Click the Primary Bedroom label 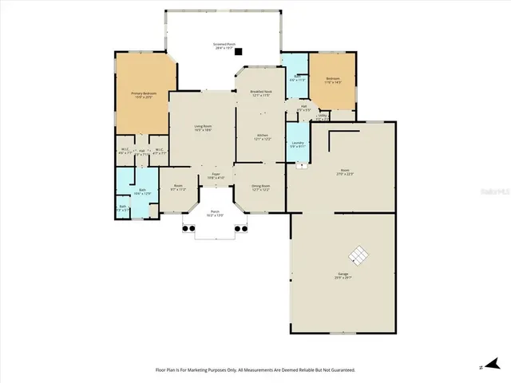coord(144,95)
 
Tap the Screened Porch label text coord(224,45)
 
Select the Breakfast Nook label coord(262,93)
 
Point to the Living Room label coord(203,128)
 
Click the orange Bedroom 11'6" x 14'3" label coord(333,81)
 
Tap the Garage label coord(343,275)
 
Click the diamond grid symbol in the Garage coord(358,255)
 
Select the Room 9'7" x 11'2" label coord(178,188)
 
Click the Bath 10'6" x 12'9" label coord(141,191)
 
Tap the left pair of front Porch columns coord(188,228)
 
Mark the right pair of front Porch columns coord(242,228)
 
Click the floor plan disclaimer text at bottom coord(255,370)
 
